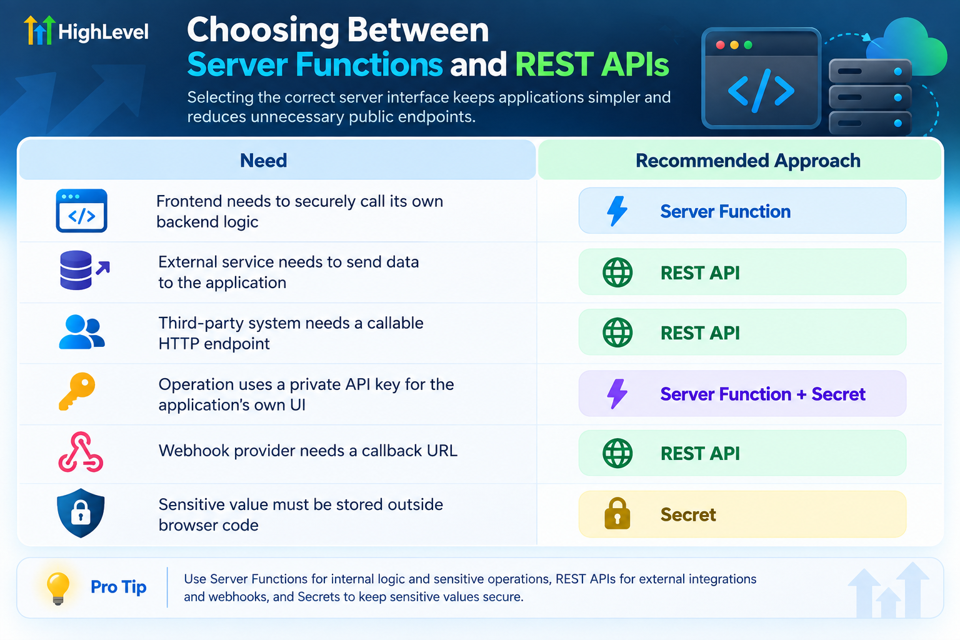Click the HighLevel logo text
click(x=103, y=32)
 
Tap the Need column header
click(x=263, y=161)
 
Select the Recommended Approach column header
click(x=748, y=161)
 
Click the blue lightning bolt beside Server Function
click(x=617, y=211)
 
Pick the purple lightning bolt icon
click(x=617, y=394)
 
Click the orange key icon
click(x=77, y=391)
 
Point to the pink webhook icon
click(x=81, y=452)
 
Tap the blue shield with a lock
click(x=81, y=512)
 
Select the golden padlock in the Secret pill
click(x=617, y=513)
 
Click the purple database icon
click(x=76, y=270)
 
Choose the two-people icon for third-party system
click(x=81, y=332)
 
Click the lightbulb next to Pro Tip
click(x=58, y=588)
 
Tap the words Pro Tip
click(x=118, y=587)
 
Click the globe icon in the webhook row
click(x=617, y=453)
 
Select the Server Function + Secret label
click(x=763, y=394)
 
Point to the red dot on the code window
click(x=721, y=45)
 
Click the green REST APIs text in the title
click(x=592, y=64)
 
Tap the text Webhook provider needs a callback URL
click(x=307, y=451)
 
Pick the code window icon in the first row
click(x=81, y=211)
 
